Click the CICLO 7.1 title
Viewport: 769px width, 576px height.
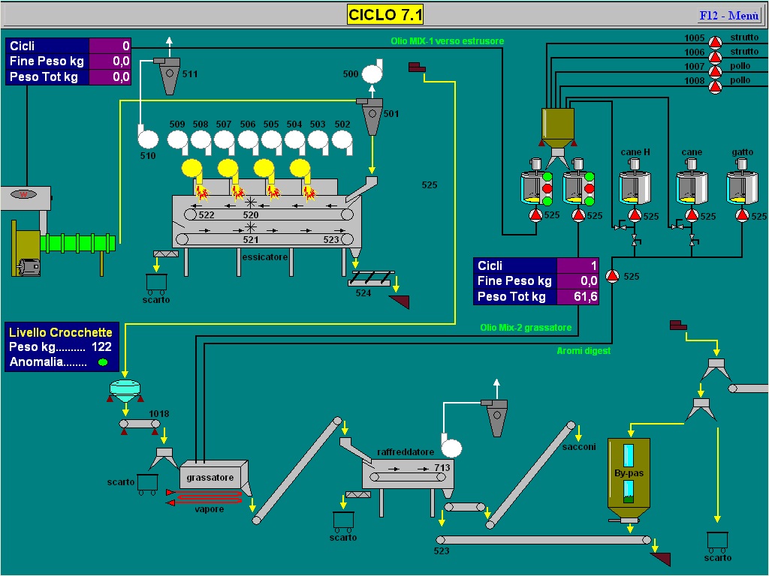[x=385, y=15]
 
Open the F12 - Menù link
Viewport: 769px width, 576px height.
[x=729, y=16]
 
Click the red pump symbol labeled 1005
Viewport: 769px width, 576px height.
[x=716, y=42]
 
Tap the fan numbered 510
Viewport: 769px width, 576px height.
[x=147, y=138]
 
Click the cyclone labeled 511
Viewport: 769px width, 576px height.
[x=168, y=75]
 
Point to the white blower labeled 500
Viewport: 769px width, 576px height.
[x=372, y=73]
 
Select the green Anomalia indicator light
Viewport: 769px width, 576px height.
[x=103, y=362]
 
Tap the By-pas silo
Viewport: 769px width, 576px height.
[x=629, y=478]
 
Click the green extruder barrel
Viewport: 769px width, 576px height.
[x=78, y=244]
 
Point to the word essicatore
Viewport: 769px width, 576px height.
[x=265, y=256]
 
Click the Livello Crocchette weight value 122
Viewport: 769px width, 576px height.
[x=101, y=346]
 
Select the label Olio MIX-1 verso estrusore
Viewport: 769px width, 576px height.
[x=448, y=41]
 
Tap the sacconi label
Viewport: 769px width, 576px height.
[x=579, y=447]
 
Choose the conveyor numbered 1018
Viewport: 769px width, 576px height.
[x=140, y=424]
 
